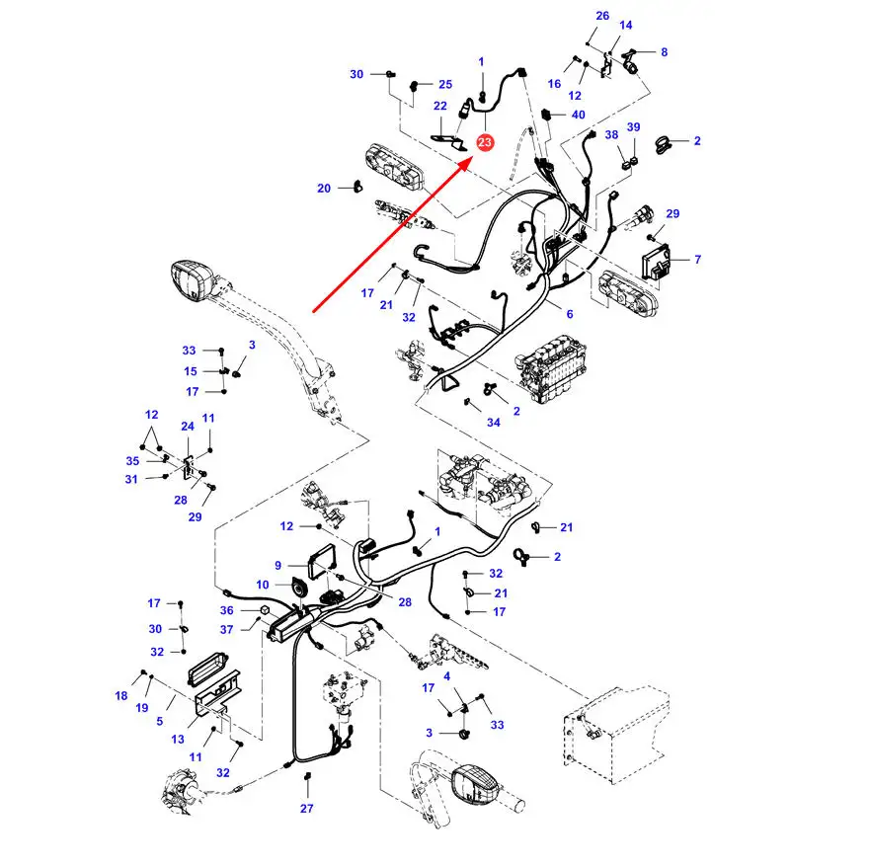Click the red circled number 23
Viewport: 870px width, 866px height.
coord(485,144)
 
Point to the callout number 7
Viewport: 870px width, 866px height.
coord(697,260)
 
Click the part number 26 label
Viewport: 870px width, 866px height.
coord(603,16)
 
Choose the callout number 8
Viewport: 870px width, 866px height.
coord(664,52)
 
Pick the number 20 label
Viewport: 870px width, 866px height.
coord(324,189)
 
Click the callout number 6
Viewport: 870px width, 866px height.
coord(569,314)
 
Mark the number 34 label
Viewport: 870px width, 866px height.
coord(494,423)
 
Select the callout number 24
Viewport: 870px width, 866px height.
coord(188,427)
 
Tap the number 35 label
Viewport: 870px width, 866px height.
coord(133,460)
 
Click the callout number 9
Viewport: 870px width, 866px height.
coord(278,566)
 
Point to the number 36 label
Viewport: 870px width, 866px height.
coord(226,610)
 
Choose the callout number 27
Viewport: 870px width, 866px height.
coord(307,809)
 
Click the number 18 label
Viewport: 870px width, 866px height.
coord(121,696)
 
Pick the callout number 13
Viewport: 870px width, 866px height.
coord(178,740)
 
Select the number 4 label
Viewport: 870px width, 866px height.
coord(446,676)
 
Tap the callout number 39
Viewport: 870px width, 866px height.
coord(634,127)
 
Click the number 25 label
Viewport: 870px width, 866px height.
coord(445,85)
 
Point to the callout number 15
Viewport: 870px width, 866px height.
coord(191,371)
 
